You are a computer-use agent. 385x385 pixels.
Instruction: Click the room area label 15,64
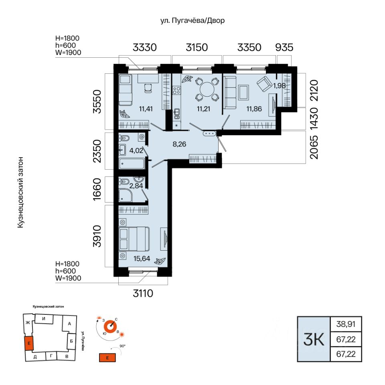142,259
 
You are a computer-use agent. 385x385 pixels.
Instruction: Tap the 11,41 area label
146,109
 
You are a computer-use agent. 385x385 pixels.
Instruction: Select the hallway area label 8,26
179,144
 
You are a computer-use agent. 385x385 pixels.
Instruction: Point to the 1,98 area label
280,85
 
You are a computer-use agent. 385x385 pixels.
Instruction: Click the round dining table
207,89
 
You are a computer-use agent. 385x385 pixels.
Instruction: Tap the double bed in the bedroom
134,239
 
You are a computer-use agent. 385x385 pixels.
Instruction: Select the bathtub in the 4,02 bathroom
132,164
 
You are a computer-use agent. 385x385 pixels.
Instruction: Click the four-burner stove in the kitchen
176,90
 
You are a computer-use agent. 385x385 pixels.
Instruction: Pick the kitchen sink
176,114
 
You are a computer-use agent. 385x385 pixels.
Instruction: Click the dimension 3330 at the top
145,47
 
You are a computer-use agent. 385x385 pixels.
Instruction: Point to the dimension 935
284,47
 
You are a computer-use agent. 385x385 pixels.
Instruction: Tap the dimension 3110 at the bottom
143,293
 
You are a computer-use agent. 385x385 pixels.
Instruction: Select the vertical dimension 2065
314,147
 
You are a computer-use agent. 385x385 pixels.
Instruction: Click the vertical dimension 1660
97,189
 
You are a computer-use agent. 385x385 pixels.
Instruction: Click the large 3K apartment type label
314,339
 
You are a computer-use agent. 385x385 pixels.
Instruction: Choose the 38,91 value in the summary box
346,324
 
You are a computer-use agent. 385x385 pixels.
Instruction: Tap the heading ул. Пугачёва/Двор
192,20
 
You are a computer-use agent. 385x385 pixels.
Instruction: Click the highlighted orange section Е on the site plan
29,343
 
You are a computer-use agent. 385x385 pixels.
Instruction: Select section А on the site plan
69,324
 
